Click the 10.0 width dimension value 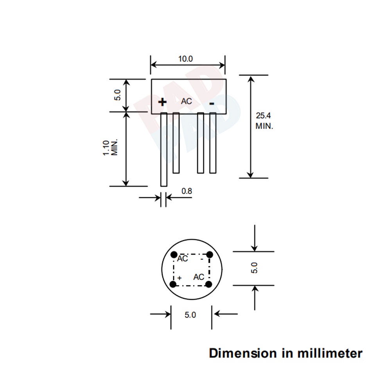click(185, 59)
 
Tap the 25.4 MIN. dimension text click(264, 121)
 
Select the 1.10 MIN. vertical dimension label click(110, 148)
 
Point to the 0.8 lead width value click(187, 191)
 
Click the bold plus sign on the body click(162, 102)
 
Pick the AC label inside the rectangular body click(187, 101)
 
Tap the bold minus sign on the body click(212, 103)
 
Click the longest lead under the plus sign click(164, 149)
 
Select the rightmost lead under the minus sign click(213, 143)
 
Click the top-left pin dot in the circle click(174, 255)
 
